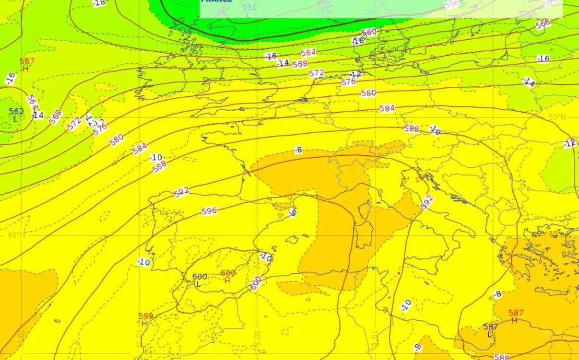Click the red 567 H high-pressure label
pyautogui.click(x=27, y=65)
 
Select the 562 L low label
pyautogui.click(x=16, y=115)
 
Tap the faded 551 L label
pyautogui.click(x=249, y=11)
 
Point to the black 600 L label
pyautogui.click(x=199, y=280)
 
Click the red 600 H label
pyautogui.click(x=228, y=277)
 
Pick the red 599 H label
pyautogui.click(x=145, y=319)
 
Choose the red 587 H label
pyautogui.click(x=516, y=316)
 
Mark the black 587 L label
pyautogui.click(x=490, y=330)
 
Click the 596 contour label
pyautogui.click(x=209, y=210)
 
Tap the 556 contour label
pyautogui.click(x=452, y=4)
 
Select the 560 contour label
pyautogui.click(x=369, y=33)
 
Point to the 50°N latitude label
pyautogui.click(x=557, y=117)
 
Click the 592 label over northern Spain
pyautogui.click(x=181, y=192)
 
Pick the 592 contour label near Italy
pyautogui.click(x=426, y=201)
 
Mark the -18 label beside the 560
pyautogui.click(x=358, y=41)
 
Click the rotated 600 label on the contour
pyautogui.click(x=256, y=283)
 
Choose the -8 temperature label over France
pyautogui.click(x=298, y=150)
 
